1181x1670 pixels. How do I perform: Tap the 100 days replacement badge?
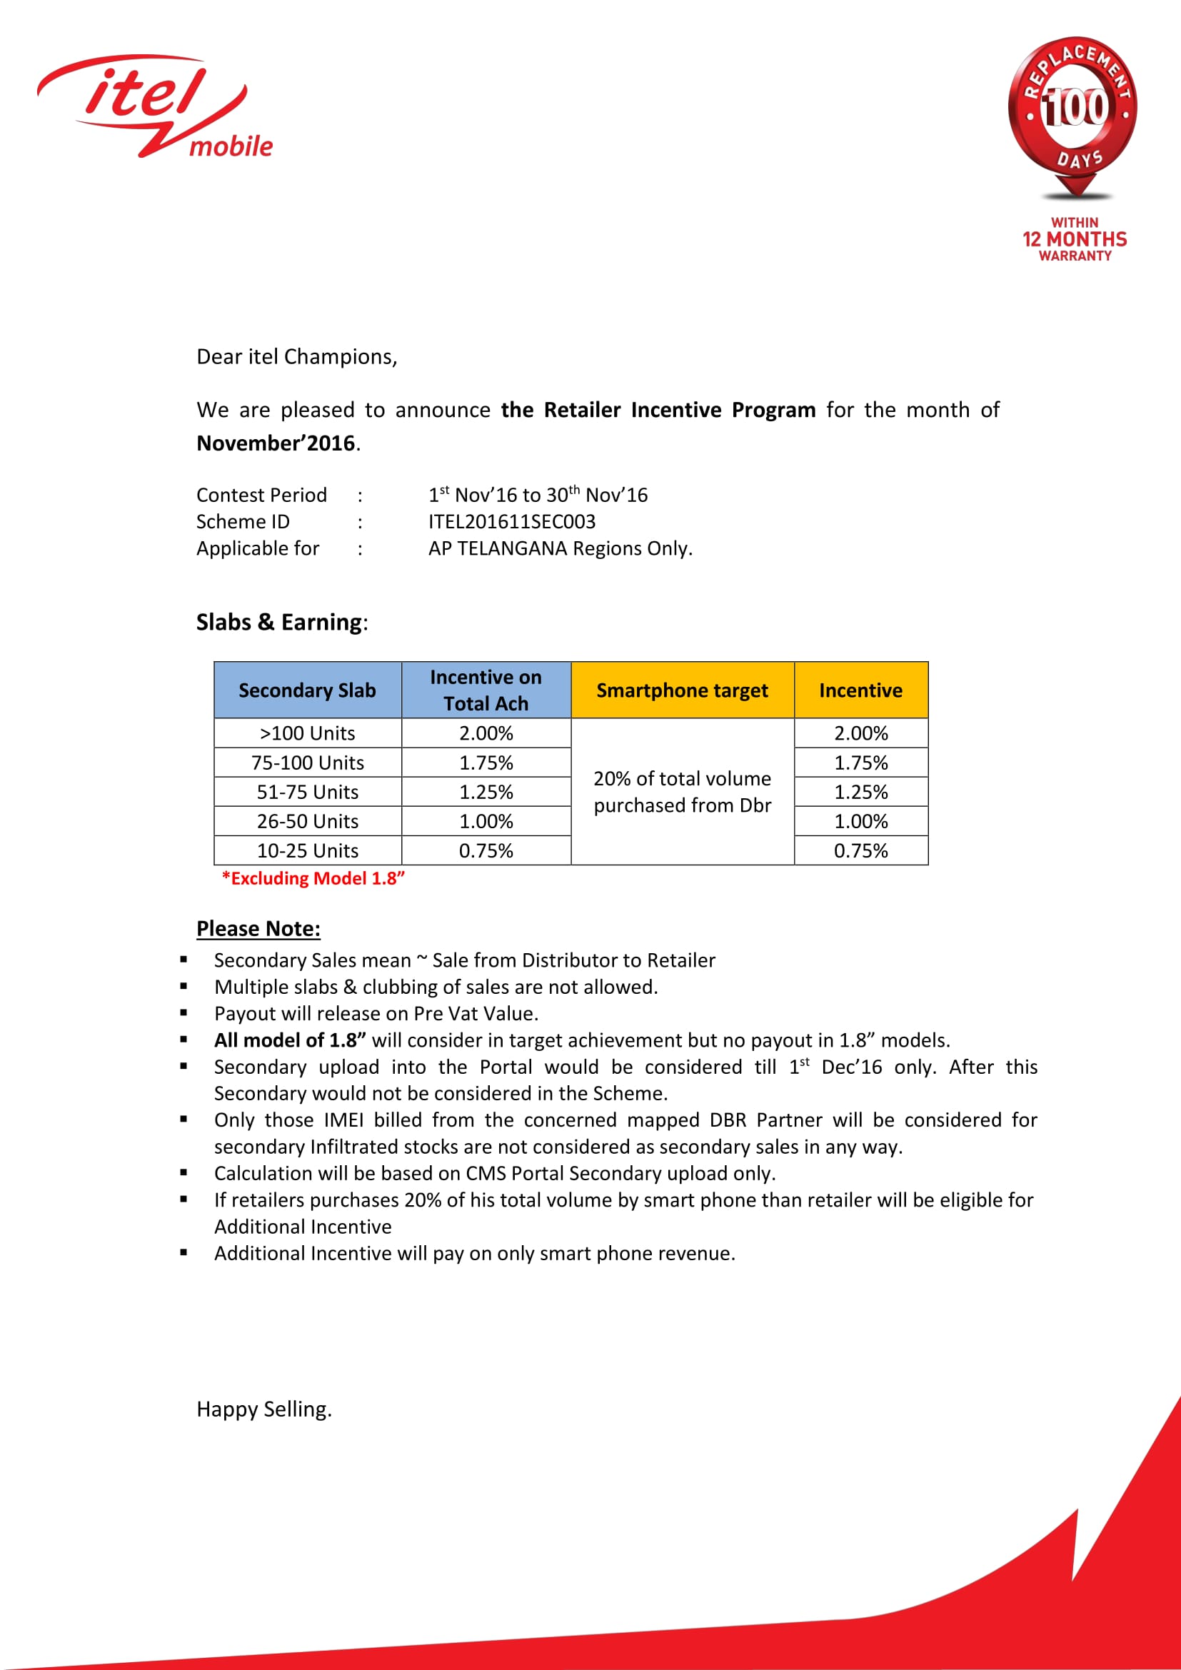pos(1074,116)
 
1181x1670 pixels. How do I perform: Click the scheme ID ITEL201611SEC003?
pos(511,521)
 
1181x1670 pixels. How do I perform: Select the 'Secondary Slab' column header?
pos(308,690)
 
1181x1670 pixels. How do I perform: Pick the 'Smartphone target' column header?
pos(682,690)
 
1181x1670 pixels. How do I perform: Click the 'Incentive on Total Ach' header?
pos(486,690)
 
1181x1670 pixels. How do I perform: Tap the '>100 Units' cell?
pos(308,733)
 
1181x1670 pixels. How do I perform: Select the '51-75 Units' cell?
pos(308,791)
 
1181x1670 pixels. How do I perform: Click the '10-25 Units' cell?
pos(308,850)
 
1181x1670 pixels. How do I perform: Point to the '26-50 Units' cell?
pos(308,821)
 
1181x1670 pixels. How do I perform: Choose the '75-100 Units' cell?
pos(308,763)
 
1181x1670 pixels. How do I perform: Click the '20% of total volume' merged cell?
pos(682,791)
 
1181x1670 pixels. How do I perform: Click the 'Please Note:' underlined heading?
pos(258,929)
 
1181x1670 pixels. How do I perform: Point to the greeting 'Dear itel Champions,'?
pos(297,356)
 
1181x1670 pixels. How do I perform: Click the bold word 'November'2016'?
pos(276,443)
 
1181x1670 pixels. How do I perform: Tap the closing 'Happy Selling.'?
pos(264,1409)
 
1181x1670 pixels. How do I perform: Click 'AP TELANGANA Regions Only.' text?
pos(560,548)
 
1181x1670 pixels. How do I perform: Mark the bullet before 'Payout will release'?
pos(184,1012)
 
